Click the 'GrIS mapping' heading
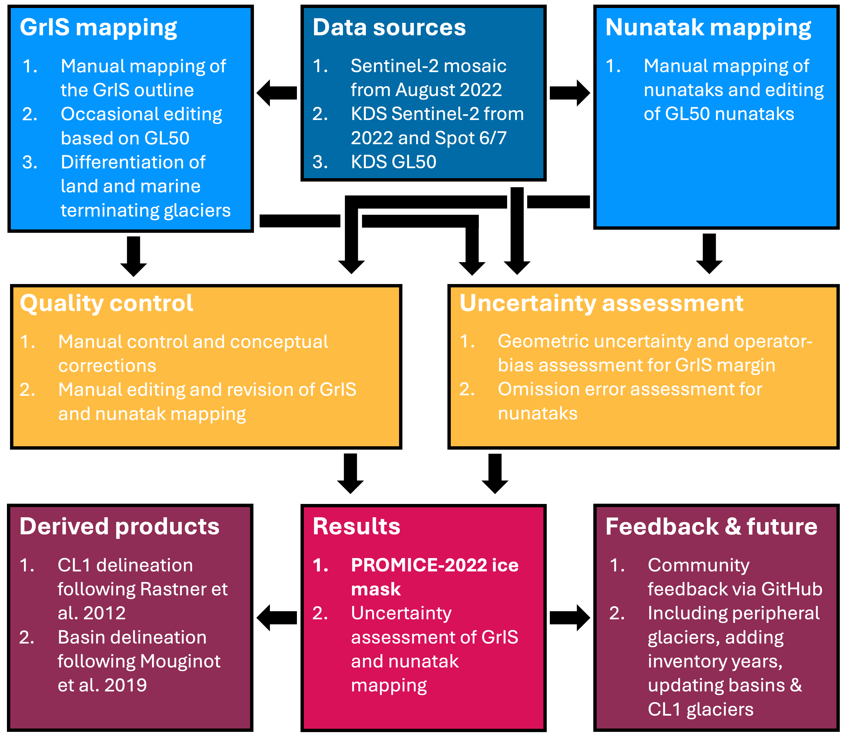(x=98, y=28)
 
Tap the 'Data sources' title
(x=389, y=28)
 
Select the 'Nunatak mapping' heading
(x=708, y=28)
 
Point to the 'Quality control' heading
(x=107, y=304)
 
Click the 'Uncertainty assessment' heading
(x=601, y=304)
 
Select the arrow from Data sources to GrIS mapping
(x=277, y=93)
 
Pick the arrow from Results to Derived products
(x=277, y=618)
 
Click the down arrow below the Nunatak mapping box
(x=709, y=253)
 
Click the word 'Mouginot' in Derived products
(x=180, y=661)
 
